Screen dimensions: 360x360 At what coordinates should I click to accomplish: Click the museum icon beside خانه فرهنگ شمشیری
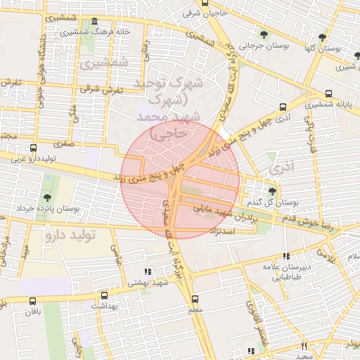click(x=95, y=22)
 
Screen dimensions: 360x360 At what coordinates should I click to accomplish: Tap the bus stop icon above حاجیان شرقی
click(x=205, y=3)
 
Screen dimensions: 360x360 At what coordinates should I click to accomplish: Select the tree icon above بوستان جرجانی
click(x=264, y=34)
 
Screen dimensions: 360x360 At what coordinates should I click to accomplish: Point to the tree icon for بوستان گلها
click(x=322, y=38)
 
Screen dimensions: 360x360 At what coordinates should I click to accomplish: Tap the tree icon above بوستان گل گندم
click(x=273, y=190)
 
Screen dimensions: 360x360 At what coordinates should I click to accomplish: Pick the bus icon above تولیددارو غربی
click(x=33, y=148)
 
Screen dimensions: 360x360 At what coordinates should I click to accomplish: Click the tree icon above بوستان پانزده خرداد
click(x=47, y=198)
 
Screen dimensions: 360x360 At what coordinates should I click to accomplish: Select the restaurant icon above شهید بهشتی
click(x=148, y=271)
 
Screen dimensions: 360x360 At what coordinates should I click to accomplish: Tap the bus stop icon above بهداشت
click(x=105, y=296)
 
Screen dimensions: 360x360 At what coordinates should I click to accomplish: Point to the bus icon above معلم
click(x=195, y=299)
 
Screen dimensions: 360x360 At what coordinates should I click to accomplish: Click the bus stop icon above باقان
click(x=32, y=300)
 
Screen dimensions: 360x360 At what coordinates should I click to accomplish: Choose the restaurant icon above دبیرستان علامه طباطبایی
click(x=285, y=257)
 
